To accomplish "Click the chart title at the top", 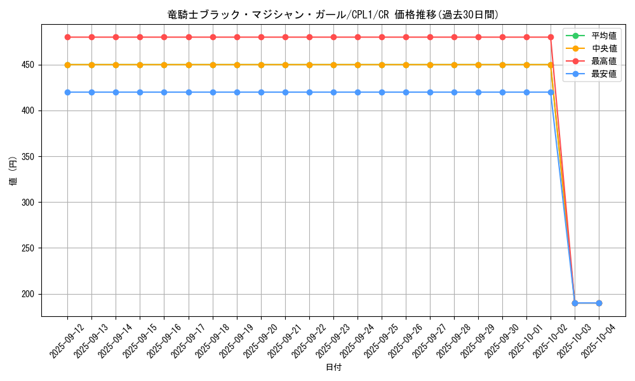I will [333, 14].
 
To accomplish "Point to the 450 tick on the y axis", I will [30, 65].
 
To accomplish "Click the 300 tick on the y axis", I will [30, 203].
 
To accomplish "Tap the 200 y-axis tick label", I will [30, 294].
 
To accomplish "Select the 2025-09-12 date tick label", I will [67, 341].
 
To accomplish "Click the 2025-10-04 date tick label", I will [598, 341].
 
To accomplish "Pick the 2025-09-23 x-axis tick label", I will [333, 341].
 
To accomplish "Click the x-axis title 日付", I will [333, 368].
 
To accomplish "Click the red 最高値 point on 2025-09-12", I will [67, 37].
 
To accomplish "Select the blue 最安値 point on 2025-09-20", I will [261, 92].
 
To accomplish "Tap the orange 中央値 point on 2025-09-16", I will [164, 65].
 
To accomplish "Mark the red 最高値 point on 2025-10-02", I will [551, 37].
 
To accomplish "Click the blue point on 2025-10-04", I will [599, 303].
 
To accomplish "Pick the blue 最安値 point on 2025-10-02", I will [551, 92].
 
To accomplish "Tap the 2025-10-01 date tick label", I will [526, 341].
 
